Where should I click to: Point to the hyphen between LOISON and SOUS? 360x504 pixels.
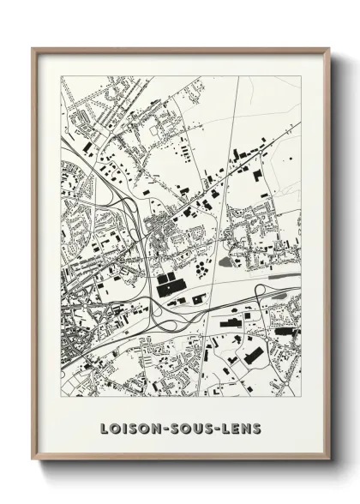coord(154,427)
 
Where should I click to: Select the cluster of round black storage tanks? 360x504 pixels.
coord(202,269)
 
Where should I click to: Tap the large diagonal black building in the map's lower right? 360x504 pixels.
coord(253,353)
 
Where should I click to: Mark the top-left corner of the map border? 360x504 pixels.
coord(61,76)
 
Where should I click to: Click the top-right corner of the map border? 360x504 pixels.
coord(301,76)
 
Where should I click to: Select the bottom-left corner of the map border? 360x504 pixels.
coord(61,397)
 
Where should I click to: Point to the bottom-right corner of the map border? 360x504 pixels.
coord(301,397)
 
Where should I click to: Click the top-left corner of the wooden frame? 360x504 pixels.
coord(33,48)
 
